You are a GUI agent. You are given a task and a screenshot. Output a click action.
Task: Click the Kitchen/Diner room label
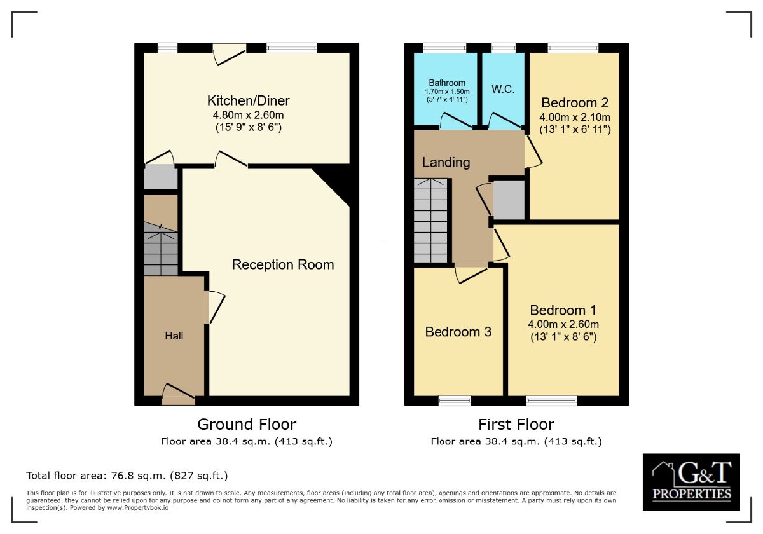tap(248, 100)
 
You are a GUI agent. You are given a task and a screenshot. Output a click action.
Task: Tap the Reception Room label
tap(282, 264)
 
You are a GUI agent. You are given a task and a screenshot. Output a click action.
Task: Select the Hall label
tap(174, 336)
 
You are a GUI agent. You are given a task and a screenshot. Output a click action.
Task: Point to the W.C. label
tap(503, 89)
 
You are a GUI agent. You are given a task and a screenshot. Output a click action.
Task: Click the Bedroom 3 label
tap(458, 332)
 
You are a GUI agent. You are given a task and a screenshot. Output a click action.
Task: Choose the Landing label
tap(446, 163)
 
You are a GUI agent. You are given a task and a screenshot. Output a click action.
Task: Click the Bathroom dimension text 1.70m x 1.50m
tap(446, 92)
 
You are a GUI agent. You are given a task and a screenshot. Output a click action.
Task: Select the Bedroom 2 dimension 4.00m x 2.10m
tap(575, 118)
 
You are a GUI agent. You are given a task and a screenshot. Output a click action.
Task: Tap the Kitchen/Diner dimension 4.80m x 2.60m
tap(248, 115)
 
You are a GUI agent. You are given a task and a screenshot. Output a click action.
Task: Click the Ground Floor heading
tap(247, 424)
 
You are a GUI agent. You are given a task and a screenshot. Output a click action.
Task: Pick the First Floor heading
tap(516, 424)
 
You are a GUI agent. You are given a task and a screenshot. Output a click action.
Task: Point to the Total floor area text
tap(127, 476)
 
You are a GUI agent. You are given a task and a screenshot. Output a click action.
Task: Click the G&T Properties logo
tap(691, 482)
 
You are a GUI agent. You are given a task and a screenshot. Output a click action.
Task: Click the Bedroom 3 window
tap(455, 400)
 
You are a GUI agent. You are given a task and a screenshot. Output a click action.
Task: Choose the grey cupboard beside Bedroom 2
tap(509, 200)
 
